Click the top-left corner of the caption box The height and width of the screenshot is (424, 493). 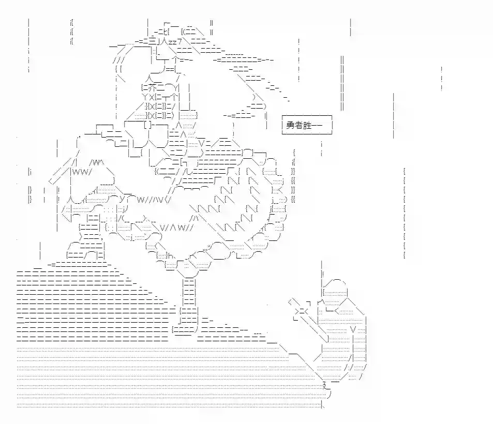tap(282, 116)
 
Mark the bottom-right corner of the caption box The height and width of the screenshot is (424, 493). tap(332, 134)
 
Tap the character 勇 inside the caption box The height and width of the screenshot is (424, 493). tap(290, 125)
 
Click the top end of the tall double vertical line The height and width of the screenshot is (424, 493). tap(342, 56)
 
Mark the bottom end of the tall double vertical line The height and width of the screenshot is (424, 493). tap(342, 111)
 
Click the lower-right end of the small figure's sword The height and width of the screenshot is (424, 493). tap(328, 341)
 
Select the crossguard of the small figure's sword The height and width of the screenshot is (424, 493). tap(301, 311)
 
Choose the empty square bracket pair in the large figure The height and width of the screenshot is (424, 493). tap(148, 125)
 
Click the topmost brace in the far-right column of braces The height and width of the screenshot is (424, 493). tap(405, 172)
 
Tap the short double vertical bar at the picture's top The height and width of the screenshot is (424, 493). tap(212, 27)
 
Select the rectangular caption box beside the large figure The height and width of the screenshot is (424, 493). tap(307, 125)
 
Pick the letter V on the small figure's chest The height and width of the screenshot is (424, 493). tap(353, 330)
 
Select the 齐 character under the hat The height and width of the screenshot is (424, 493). tap(152, 87)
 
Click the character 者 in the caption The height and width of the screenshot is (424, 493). tap(298, 125)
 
